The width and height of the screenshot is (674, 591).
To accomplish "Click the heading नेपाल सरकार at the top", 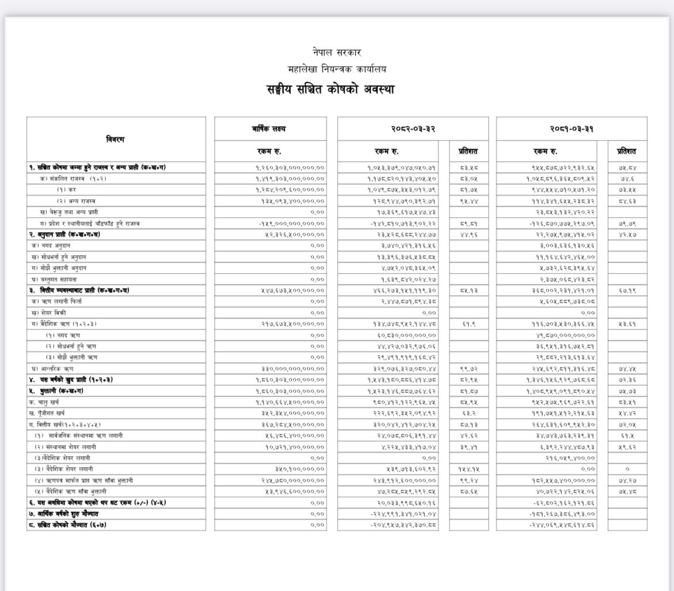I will click(x=336, y=52).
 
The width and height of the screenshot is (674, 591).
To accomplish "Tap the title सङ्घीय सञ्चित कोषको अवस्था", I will click(x=330, y=90).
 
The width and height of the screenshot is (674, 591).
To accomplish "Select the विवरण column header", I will click(x=115, y=139).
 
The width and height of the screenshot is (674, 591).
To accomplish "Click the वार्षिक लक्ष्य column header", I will click(x=270, y=128).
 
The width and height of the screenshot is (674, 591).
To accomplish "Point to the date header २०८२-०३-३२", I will click(x=412, y=128).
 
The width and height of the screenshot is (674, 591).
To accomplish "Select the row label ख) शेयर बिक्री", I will click(x=48, y=312).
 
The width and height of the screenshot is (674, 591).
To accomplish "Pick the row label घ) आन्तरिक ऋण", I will click(x=52, y=368).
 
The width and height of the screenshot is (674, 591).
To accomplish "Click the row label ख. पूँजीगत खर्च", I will click(x=49, y=413).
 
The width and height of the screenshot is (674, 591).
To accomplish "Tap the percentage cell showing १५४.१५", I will click(x=468, y=469).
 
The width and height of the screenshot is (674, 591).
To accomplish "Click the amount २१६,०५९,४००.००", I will click(x=562, y=458).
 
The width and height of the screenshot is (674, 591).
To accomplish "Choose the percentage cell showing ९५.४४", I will click(x=468, y=201).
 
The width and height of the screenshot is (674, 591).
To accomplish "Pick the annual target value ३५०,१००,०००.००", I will click(x=300, y=469).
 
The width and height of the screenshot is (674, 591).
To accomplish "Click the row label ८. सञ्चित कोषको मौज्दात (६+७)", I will click(x=68, y=525).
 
